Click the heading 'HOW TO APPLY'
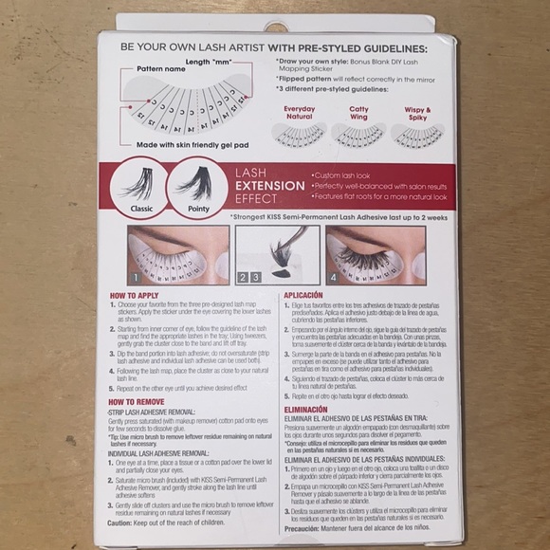tap(136, 296)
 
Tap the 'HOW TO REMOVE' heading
tap(139, 402)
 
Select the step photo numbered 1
tap(178, 254)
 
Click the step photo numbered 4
tap(375, 254)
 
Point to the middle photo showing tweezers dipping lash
tap(277, 254)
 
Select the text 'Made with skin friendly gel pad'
tap(191, 144)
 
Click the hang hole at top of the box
tap(276, 27)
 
